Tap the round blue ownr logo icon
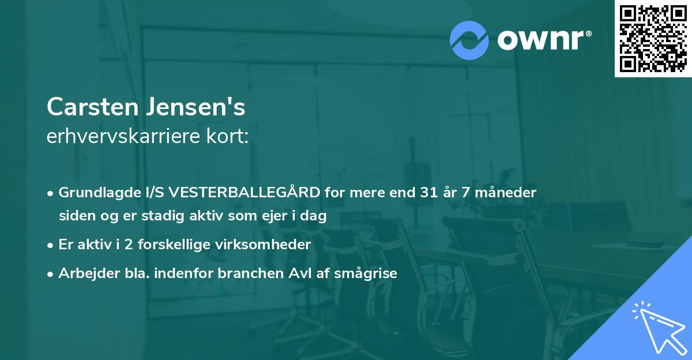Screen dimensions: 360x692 tap(469, 40)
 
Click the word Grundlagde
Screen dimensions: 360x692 tap(92, 193)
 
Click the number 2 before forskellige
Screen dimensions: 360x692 tap(128, 245)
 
